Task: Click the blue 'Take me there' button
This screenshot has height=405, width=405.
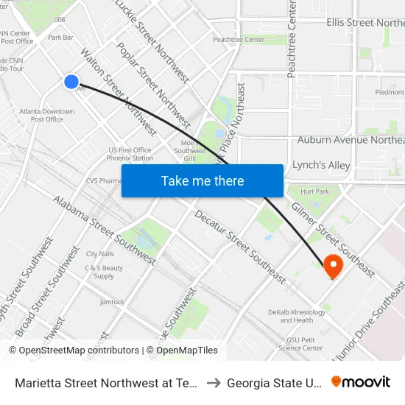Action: tap(202, 180)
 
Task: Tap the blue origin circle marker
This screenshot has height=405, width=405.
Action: tap(71, 82)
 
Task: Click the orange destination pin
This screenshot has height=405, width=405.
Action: tap(333, 266)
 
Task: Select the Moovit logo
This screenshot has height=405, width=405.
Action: tap(361, 382)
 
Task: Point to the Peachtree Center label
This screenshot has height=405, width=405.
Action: tap(238, 39)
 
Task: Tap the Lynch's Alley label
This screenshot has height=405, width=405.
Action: tap(321, 166)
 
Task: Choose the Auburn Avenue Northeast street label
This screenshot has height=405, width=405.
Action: tap(351, 140)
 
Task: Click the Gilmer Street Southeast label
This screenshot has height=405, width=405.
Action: tap(333, 230)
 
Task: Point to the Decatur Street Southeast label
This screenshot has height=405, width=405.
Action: tap(239, 246)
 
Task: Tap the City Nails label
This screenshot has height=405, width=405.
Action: tap(100, 254)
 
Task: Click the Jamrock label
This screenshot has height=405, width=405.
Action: tap(112, 302)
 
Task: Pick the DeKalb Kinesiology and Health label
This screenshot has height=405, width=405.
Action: tap(297, 316)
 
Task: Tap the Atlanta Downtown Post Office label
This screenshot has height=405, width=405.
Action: tap(47, 115)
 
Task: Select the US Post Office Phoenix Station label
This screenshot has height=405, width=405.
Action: tap(130, 153)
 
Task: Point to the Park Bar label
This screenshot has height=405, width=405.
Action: tap(60, 37)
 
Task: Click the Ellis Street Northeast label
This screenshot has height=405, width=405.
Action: tap(365, 23)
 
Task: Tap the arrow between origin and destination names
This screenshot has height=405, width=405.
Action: tap(213, 383)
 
